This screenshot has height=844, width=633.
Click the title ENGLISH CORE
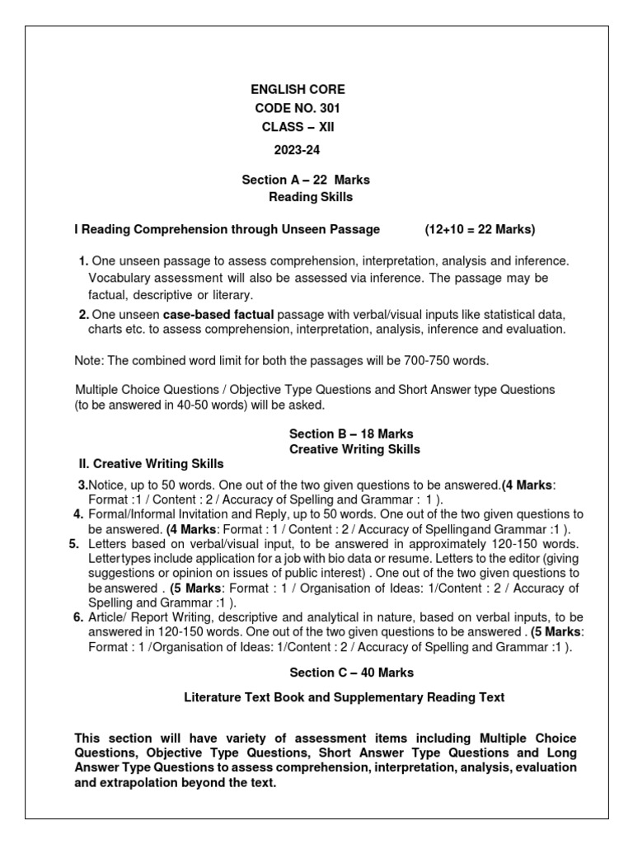pyautogui.click(x=298, y=89)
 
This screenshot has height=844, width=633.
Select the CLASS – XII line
pyautogui.click(x=298, y=127)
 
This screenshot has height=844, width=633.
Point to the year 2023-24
pyautogui.click(x=297, y=150)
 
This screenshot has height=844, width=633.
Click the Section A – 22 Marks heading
pyautogui.click(x=305, y=179)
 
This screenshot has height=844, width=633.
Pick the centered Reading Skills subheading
pyautogui.click(x=311, y=197)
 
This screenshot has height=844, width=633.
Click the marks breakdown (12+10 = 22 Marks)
pyautogui.click(x=480, y=228)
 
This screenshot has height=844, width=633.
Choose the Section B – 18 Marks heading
pyautogui.click(x=350, y=434)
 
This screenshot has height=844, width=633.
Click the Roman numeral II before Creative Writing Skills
pyautogui.click(x=82, y=464)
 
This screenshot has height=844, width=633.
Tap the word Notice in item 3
pyautogui.click(x=106, y=485)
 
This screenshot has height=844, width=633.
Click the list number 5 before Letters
pyautogui.click(x=73, y=544)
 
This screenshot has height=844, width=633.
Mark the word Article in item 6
pyautogui.click(x=106, y=617)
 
